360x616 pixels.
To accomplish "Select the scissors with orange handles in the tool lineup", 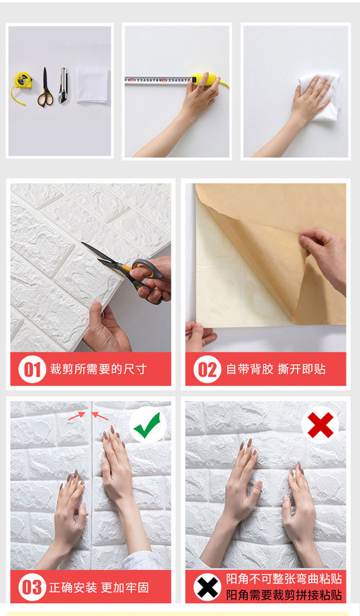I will pos(44,88).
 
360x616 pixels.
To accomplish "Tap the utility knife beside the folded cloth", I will pos(63,85).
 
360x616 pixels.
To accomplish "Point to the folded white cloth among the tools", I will pos(92,84).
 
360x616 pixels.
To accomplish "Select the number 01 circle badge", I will pos(32,369).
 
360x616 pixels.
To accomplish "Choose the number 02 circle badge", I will pos(207,369).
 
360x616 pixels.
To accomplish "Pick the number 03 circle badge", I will pos(32,587).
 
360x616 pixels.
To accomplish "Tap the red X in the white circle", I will pos(320,425).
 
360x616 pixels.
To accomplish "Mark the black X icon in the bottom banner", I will pos(207,587).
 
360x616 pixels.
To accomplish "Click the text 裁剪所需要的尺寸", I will pos(98,369).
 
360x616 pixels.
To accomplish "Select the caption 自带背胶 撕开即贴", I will pos(276,369).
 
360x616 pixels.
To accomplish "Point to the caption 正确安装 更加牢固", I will pos(99,588).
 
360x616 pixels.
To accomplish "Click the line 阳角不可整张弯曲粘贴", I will pos(284,579).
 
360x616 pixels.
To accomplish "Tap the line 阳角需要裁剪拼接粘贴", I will pos(284,595).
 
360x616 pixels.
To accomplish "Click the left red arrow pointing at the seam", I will pos(77,415).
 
